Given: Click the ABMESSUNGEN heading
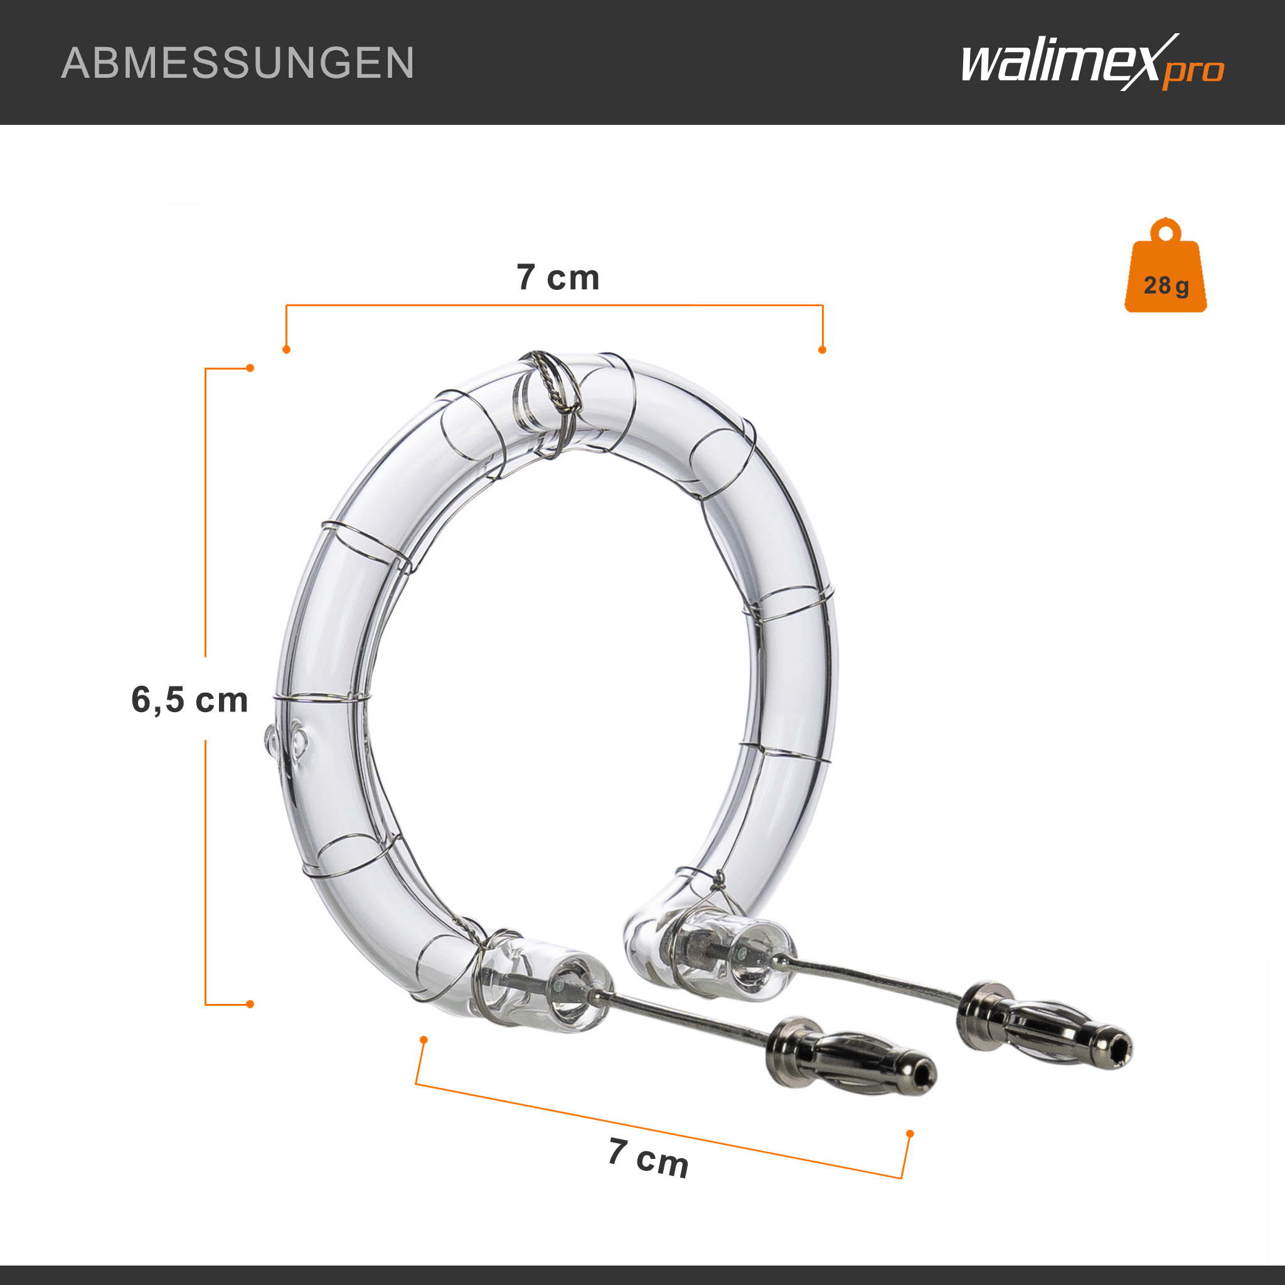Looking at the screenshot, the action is pyautogui.click(x=237, y=63).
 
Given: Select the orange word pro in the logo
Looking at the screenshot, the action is pyautogui.click(x=1193, y=72).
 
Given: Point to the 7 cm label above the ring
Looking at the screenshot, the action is pyautogui.click(x=558, y=277).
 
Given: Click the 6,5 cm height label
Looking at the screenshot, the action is pyautogui.click(x=189, y=700).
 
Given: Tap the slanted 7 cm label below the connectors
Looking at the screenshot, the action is pyautogui.click(x=649, y=1157).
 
